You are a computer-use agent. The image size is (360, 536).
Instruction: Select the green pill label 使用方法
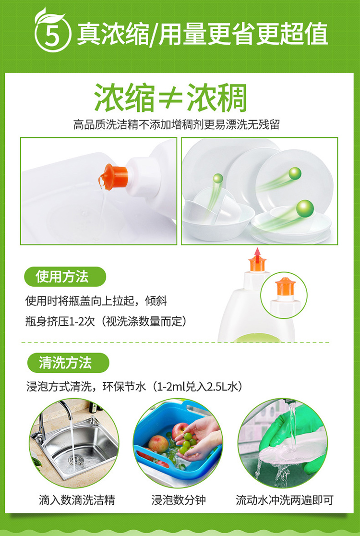[65, 277]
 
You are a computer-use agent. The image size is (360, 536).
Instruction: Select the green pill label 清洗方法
[68, 363]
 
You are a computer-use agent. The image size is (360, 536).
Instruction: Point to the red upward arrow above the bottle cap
[257, 254]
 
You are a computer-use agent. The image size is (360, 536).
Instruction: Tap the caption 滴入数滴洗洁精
[77, 500]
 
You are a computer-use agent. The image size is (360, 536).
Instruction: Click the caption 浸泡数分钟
[179, 500]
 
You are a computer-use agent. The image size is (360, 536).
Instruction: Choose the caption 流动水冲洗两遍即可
[284, 500]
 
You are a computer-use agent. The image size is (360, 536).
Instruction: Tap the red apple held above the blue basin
[181, 431]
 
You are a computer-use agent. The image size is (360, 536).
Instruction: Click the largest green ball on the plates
[305, 208]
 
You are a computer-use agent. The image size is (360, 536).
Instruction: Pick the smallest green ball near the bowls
[218, 178]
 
